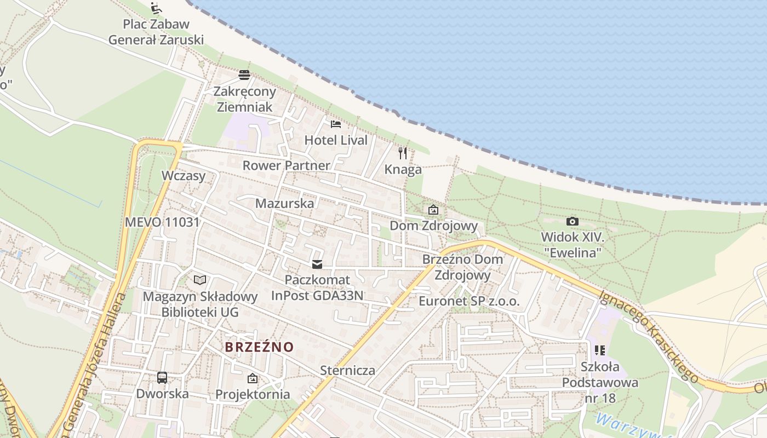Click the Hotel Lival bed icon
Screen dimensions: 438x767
336,124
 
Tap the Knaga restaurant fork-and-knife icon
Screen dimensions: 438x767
403,153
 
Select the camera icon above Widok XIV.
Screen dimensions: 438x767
573,221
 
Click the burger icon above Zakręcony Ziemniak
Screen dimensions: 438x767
244,75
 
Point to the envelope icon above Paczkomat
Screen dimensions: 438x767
317,264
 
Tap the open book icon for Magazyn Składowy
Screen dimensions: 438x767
200,280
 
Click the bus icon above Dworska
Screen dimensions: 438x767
162,377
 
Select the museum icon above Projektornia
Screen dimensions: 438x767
253,378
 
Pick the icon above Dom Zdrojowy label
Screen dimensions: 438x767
433,209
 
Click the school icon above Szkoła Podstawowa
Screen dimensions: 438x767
600,350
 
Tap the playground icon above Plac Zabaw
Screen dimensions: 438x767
156,8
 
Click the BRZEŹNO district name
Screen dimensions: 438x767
259,347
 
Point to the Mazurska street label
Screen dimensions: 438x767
285,203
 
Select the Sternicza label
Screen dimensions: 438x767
348,370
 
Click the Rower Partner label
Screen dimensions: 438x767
287,165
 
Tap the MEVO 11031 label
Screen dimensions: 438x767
162,222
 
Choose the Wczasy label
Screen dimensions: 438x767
184,176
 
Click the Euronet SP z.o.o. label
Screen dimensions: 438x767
469,301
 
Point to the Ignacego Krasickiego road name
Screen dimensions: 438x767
649,336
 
